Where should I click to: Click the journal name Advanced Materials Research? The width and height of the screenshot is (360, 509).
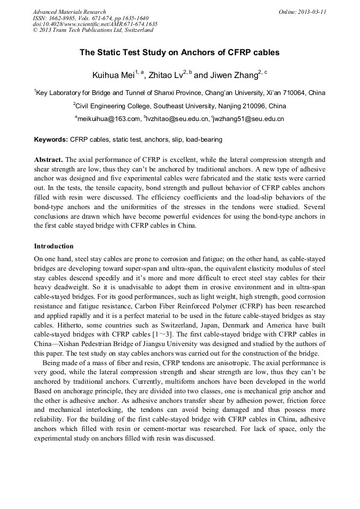[x=69, y=12]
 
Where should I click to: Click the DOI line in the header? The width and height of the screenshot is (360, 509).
[x=95, y=24]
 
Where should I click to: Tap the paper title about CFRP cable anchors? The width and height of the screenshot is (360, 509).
[x=179, y=53]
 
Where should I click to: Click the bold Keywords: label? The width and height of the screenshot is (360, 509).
[x=51, y=140]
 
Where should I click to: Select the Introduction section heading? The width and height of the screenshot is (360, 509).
[x=54, y=246]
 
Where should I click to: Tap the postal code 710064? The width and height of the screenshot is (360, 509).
[x=293, y=93]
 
